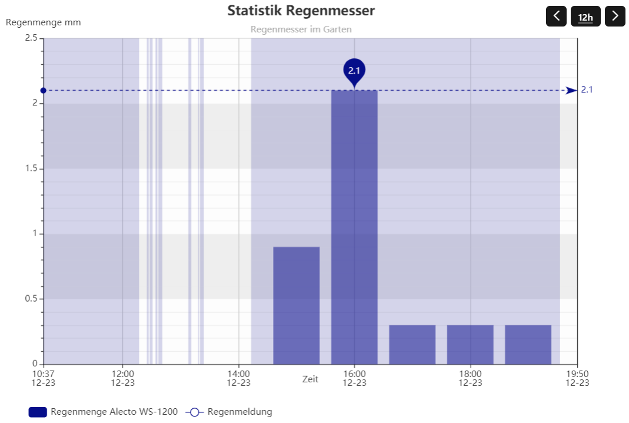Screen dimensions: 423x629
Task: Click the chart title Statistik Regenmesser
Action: click(x=301, y=11)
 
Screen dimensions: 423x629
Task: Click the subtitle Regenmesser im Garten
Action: click(x=301, y=29)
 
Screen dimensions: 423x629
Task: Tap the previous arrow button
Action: click(x=556, y=16)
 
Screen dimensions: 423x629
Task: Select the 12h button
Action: click(x=585, y=16)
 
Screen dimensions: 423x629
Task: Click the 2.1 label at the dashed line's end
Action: click(x=587, y=90)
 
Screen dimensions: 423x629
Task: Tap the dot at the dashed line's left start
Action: click(x=44, y=90)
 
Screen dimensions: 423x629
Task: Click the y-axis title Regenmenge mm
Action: click(x=43, y=22)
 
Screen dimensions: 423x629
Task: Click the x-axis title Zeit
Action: click(x=310, y=379)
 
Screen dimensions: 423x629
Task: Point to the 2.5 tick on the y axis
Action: click(x=31, y=38)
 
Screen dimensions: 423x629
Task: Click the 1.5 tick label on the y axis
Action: click(x=31, y=168)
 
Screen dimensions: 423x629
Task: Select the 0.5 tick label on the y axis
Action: click(x=31, y=299)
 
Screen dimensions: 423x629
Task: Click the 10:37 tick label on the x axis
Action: click(x=43, y=378)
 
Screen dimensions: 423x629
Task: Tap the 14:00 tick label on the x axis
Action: click(x=238, y=378)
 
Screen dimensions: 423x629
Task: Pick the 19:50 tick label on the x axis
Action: click(x=577, y=378)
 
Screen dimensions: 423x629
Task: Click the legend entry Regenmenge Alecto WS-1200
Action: click(x=103, y=412)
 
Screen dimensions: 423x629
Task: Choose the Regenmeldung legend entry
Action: click(x=229, y=412)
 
